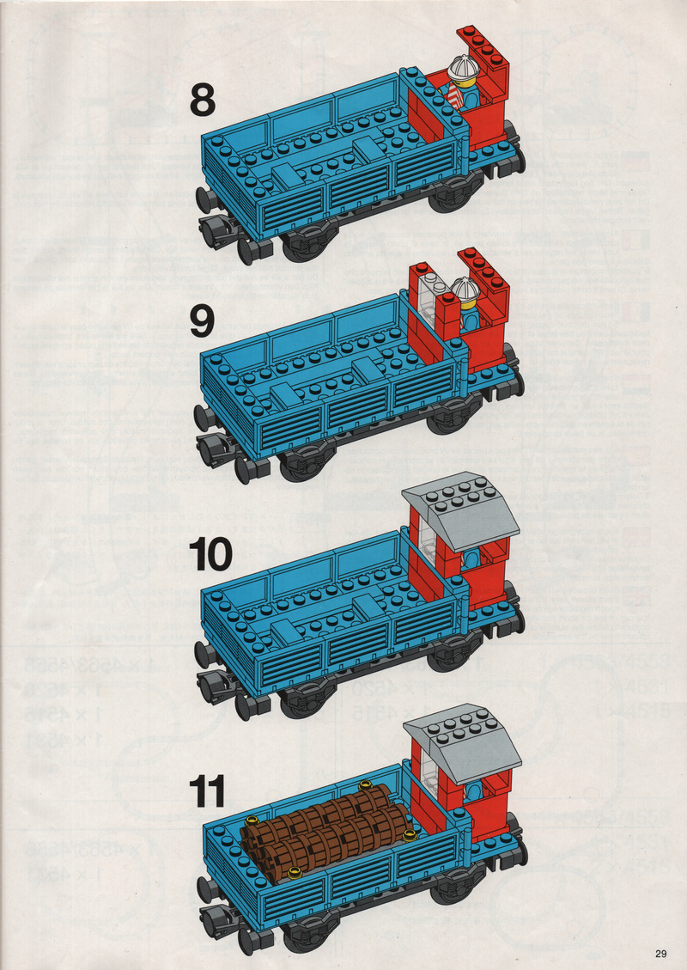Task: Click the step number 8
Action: coord(202,101)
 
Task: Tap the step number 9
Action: coord(202,321)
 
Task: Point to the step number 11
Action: coord(207,792)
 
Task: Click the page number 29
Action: coord(660,954)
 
